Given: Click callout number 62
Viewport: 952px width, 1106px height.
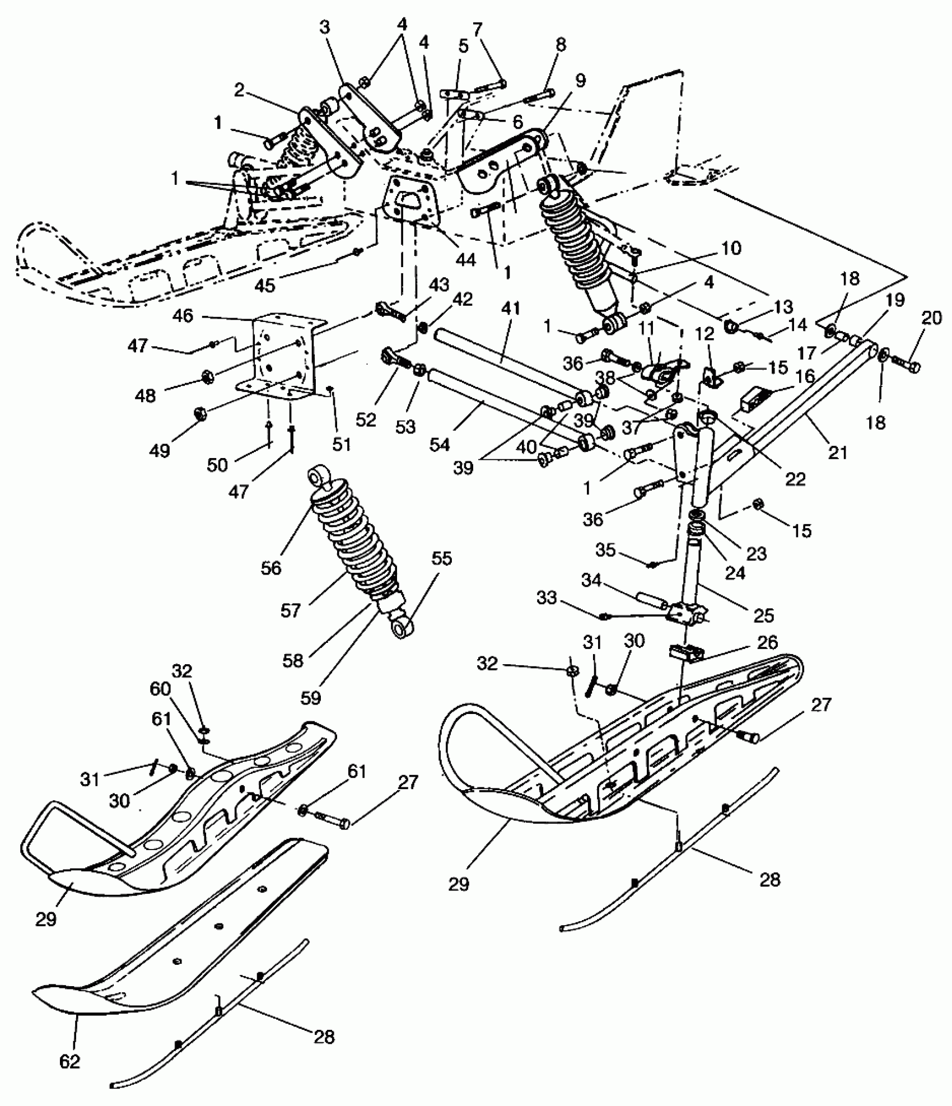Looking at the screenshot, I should click(70, 1061).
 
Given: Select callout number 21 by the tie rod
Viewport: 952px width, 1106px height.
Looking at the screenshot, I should click(838, 451).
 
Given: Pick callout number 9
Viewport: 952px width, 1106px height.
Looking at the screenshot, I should click(580, 81).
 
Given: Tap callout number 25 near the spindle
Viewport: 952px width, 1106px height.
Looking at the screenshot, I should click(764, 615).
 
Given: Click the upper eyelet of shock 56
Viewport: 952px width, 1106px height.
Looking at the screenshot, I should click(318, 476).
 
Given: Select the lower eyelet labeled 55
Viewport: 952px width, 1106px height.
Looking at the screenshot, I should click(403, 628).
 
